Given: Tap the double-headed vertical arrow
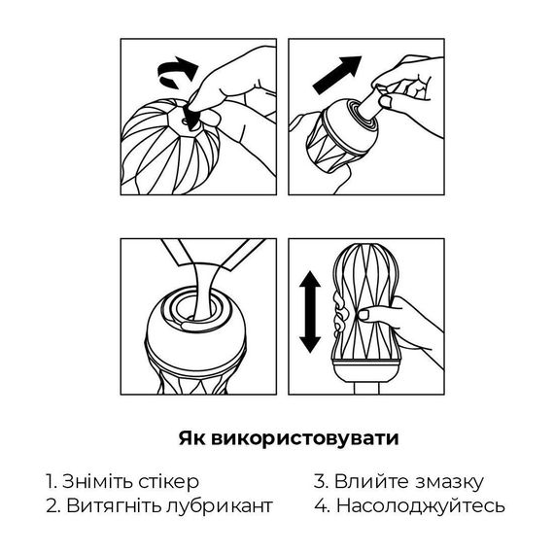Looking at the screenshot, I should (x=308, y=311).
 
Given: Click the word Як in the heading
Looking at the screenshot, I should (x=190, y=437).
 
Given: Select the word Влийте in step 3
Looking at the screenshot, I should (x=367, y=481).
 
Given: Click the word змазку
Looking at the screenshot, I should (x=448, y=481).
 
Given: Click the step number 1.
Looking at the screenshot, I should (x=50, y=481).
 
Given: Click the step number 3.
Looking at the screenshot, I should (x=319, y=481).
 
